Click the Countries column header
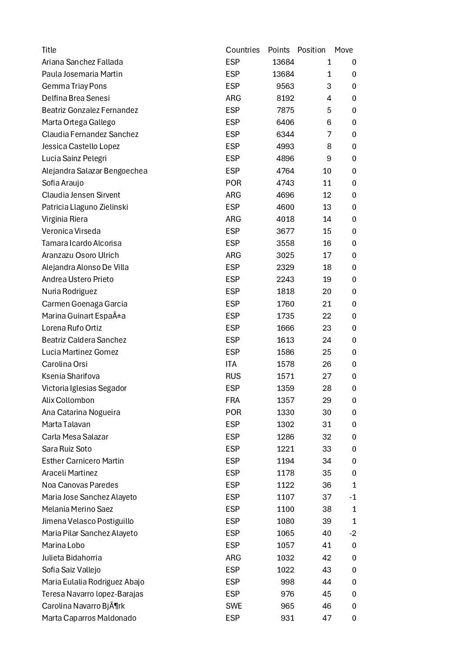point(242,50)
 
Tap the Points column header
point(278,50)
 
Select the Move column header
point(344,50)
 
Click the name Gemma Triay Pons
point(74,86)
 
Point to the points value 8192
point(285,98)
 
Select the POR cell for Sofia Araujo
point(233,183)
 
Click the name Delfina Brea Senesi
point(76,98)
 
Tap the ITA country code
point(231,364)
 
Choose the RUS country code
point(233,376)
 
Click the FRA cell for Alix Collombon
point(232,400)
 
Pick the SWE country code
point(234,606)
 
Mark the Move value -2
point(352,533)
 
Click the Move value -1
point(352,497)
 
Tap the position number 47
point(327,618)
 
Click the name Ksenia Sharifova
point(71,376)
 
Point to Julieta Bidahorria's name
point(72,558)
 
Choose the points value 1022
point(285,570)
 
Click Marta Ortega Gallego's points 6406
point(285,122)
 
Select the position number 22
point(327,316)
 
